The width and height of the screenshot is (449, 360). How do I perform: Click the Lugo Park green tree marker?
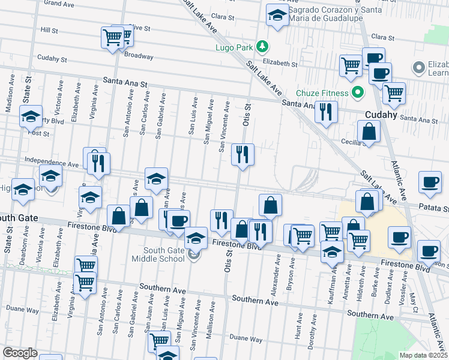[262, 46]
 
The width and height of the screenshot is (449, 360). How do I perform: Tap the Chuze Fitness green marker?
[358, 93]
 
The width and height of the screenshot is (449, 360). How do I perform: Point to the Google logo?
[19, 353]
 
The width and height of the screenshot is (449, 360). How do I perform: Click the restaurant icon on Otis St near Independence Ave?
[243, 154]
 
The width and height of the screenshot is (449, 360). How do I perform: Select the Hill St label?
[49, 29]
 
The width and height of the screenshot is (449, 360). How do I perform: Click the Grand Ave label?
[59, 3]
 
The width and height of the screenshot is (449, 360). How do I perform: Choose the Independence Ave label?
[52, 163]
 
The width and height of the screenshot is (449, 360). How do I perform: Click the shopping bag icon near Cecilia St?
[368, 131]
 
